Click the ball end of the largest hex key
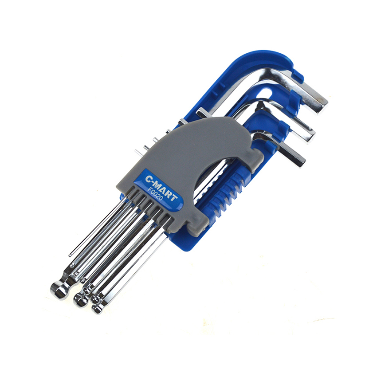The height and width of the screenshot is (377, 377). click(59, 290)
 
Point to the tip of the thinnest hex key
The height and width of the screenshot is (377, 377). click(70, 255)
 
